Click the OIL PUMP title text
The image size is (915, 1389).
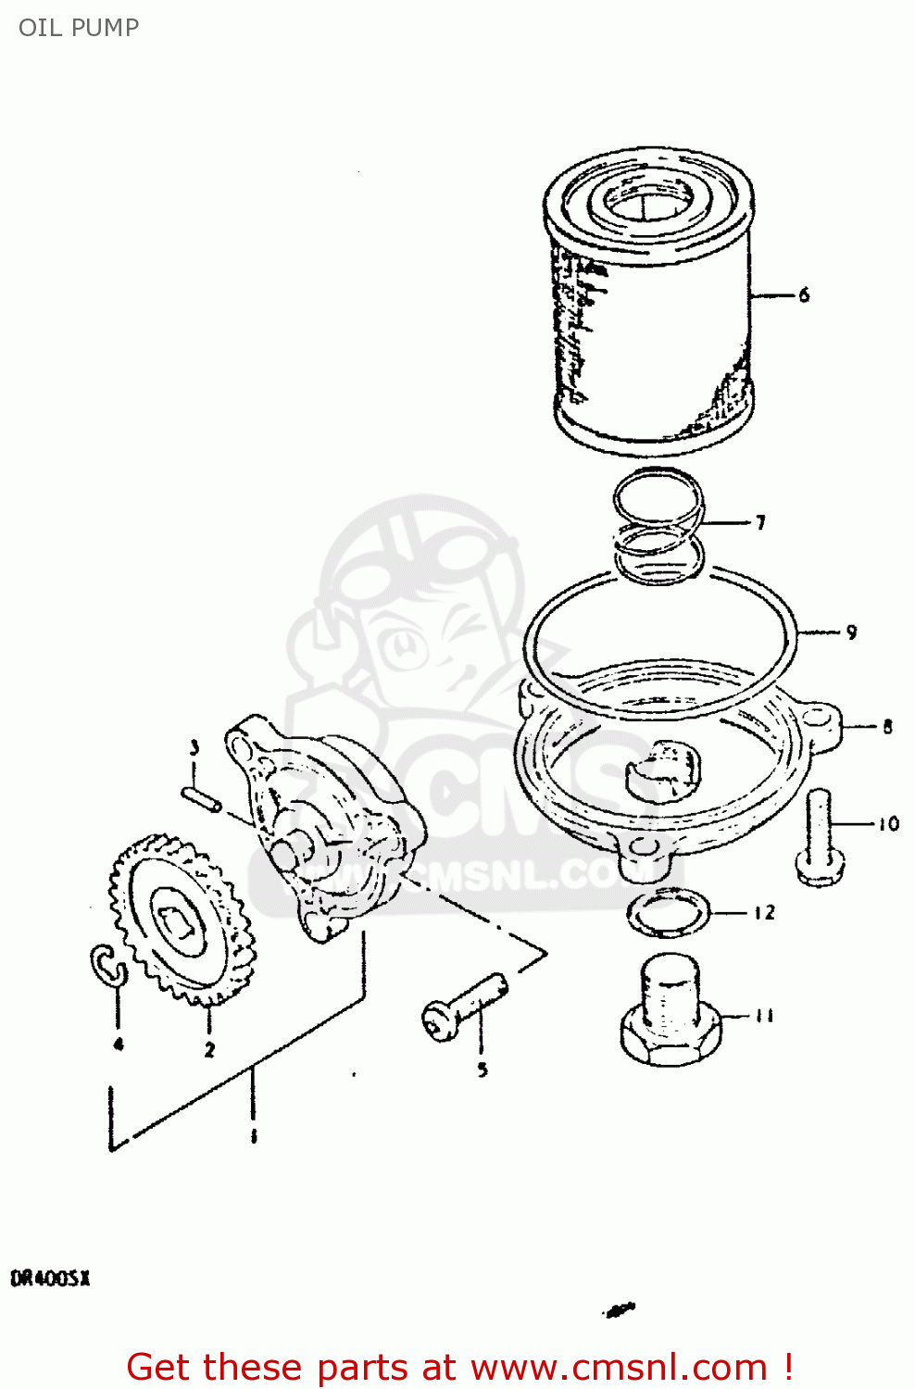point(79,28)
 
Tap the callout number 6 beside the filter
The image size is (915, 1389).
point(804,294)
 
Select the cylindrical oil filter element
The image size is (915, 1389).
point(650,306)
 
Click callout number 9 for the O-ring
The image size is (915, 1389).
point(851,632)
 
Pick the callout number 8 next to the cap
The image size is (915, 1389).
point(887,727)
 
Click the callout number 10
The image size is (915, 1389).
point(888,823)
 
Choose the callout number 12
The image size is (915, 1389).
point(764,912)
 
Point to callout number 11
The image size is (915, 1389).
point(764,1016)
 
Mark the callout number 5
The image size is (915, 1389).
point(483,1070)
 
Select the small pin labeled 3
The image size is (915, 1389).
point(201,798)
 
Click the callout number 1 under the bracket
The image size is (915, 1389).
point(254,1136)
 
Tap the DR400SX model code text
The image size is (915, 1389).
point(50,1279)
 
